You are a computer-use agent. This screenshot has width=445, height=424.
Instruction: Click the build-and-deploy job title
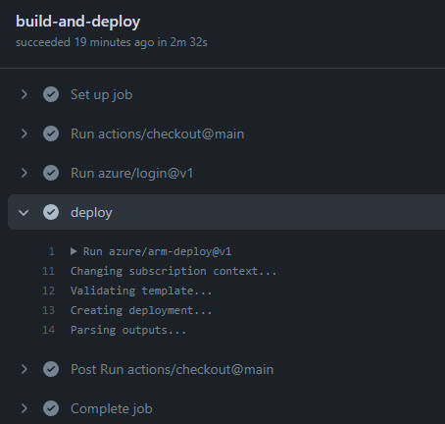[77, 22]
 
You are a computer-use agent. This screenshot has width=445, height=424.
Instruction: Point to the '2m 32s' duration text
[188, 42]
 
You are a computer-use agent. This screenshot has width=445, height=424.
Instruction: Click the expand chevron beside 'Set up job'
[24, 94]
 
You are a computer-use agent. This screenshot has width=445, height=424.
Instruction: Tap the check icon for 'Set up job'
[51, 94]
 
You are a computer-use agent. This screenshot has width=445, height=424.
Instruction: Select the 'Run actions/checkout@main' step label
[157, 133]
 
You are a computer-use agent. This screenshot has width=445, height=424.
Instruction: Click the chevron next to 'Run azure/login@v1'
[24, 173]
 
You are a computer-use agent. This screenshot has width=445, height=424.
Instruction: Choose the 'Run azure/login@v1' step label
[132, 173]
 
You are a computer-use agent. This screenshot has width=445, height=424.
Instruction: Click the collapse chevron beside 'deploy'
[24, 213]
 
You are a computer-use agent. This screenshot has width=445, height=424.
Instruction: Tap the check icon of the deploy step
[51, 212]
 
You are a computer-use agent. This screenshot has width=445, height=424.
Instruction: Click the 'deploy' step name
[91, 213]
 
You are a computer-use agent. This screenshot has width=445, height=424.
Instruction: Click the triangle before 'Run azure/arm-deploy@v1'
[74, 251]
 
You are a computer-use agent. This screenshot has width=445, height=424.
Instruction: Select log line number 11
[48, 271]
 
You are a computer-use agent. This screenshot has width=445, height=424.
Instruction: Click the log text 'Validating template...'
[141, 291]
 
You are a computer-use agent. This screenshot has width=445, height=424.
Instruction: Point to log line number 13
[48, 310]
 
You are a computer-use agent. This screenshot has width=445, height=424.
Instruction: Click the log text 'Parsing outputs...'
[128, 330]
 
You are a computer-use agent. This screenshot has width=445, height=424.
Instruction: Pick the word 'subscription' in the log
[168, 272]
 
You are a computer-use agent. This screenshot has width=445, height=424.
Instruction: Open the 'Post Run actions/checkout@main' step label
[173, 369]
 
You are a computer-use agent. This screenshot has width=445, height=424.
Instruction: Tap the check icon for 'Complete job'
[51, 408]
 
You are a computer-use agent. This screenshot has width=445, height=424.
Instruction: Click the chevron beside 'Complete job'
[24, 408]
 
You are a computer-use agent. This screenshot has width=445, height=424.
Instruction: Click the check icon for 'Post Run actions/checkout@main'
[51, 369]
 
